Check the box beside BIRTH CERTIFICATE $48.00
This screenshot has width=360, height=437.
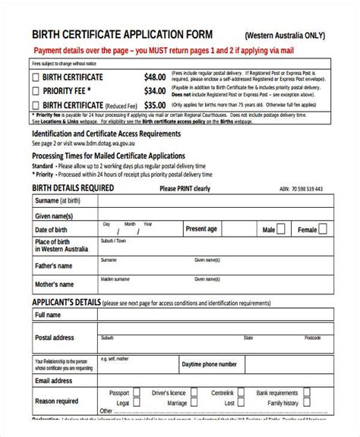(x=36, y=77)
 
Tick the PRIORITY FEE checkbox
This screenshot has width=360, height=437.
(x=36, y=91)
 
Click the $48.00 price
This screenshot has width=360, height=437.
(x=155, y=77)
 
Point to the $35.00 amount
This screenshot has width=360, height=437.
(x=155, y=105)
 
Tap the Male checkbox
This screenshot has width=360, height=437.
(x=282, y=229)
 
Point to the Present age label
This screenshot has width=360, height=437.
(x=202, y=228)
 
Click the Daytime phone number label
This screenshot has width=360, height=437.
(x=210, y=364)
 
